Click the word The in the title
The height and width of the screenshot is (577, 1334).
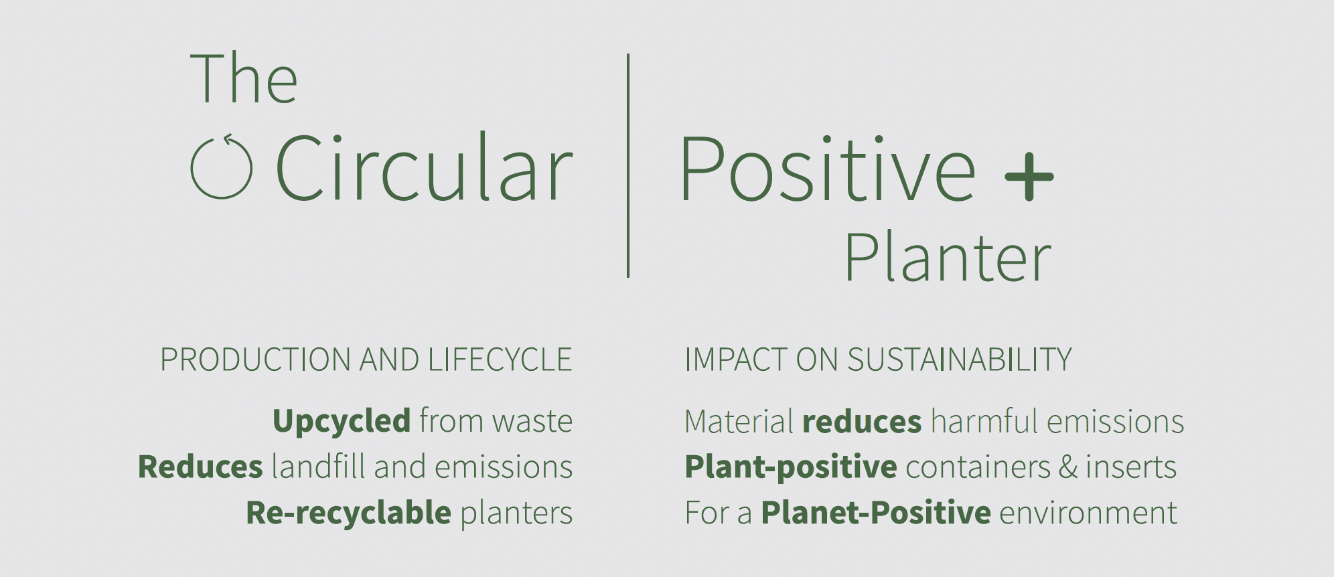point(244,78)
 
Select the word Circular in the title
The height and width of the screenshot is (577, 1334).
point(425,167)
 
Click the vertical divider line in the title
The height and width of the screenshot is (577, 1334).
point(628,165)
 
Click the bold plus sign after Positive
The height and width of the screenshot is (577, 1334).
point(1029,177)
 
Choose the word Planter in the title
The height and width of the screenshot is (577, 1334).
point(948,258)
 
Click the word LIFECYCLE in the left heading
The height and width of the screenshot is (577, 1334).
point(500,360)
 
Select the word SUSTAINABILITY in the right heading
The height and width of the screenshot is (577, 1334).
point(959,360)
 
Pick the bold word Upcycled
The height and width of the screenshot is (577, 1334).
point(342,422)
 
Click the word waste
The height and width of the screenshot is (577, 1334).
point(532,422)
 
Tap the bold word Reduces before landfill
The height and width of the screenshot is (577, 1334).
point(200,467)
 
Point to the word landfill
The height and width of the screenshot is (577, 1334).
point(319,466)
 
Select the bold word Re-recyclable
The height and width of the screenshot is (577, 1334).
point(349,513)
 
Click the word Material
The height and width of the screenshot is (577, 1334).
point(739,422)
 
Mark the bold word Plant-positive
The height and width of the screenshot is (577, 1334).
point(791,467)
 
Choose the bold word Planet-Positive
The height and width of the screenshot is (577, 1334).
point(876,513)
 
